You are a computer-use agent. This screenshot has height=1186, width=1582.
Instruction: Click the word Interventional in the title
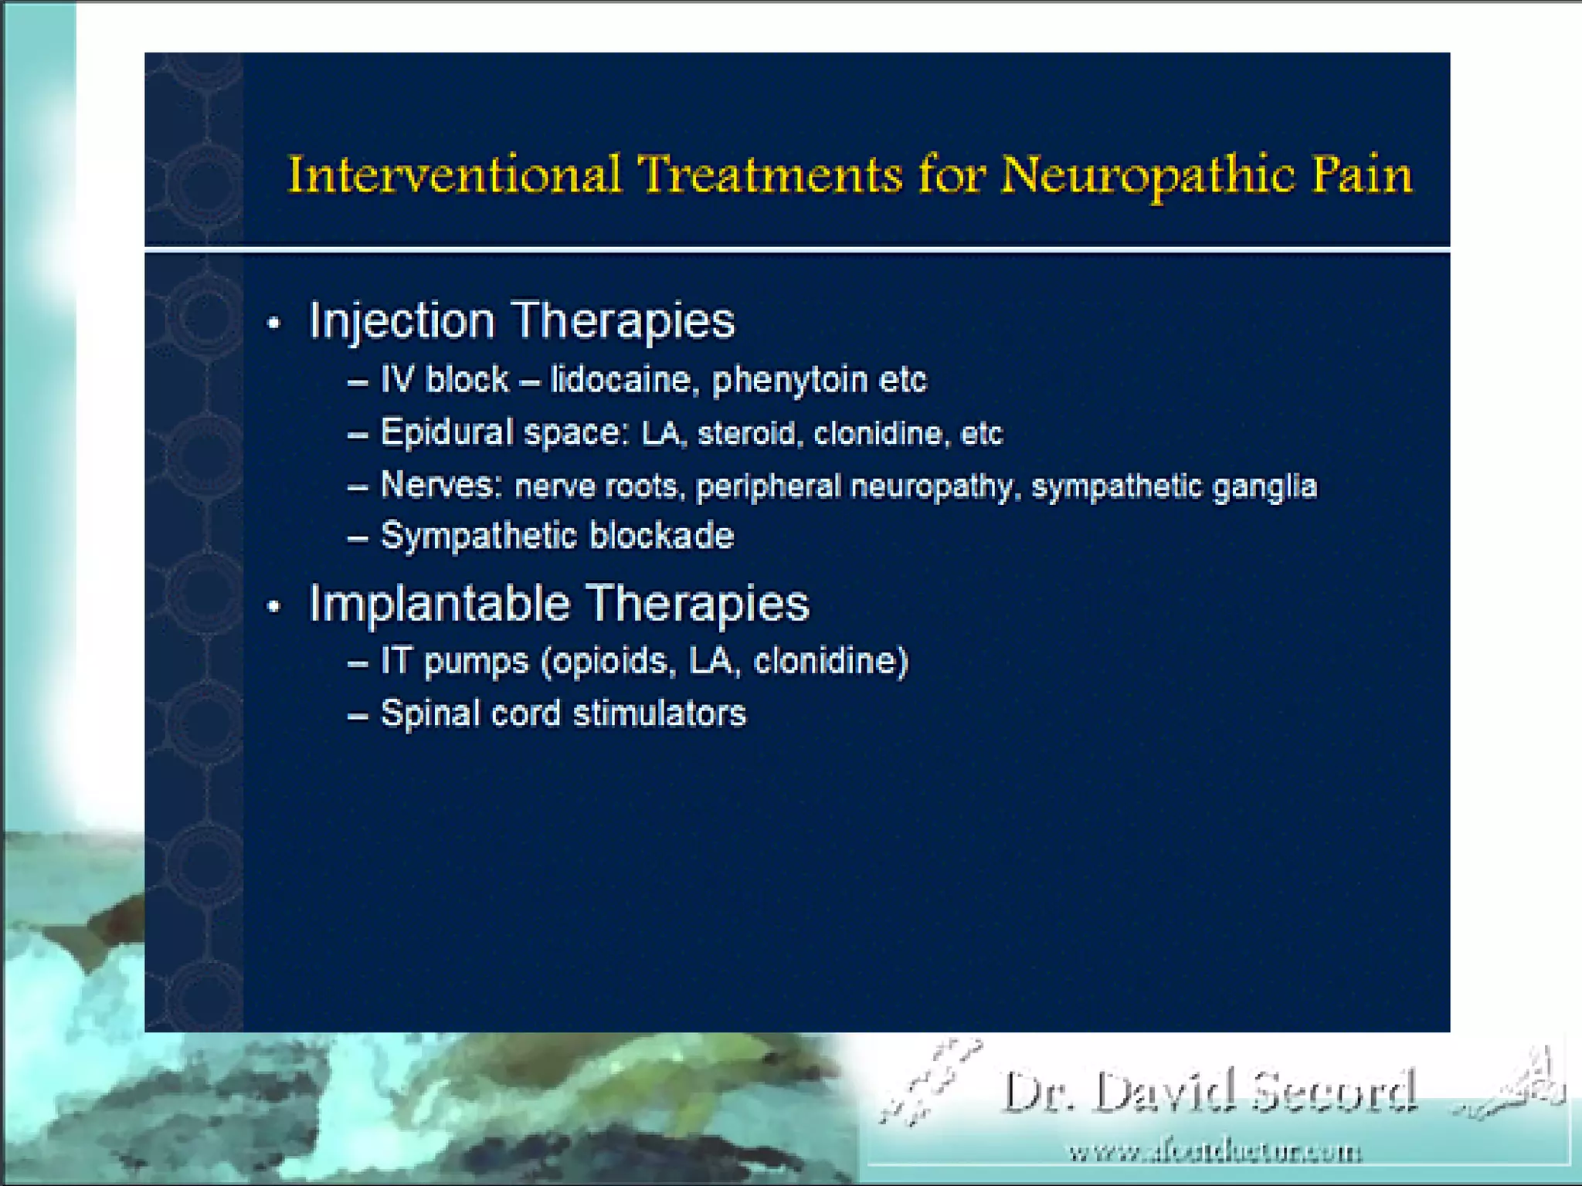coord(454,175)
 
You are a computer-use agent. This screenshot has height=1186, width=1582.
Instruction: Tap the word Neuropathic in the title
coord(1148,176)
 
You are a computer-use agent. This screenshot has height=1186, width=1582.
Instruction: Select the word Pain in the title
coord(1363,175)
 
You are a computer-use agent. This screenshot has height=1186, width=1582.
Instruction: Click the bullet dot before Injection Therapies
coord(274,324)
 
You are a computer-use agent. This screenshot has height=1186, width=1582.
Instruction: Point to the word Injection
coord(402,320)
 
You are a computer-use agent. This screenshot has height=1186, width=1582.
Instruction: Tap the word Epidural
coord(447,432)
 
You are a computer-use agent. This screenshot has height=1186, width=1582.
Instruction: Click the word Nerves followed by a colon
coord(441,485)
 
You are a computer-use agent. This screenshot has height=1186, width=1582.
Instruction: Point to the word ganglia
coord(1265,487)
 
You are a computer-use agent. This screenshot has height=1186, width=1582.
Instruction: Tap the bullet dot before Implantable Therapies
coord(274,606)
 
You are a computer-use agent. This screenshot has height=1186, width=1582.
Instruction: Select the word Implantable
coord(440,603)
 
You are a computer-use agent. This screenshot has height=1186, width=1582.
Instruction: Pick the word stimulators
coord(660,713)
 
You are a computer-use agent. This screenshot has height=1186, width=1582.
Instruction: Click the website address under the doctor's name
coord(1215,1153)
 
